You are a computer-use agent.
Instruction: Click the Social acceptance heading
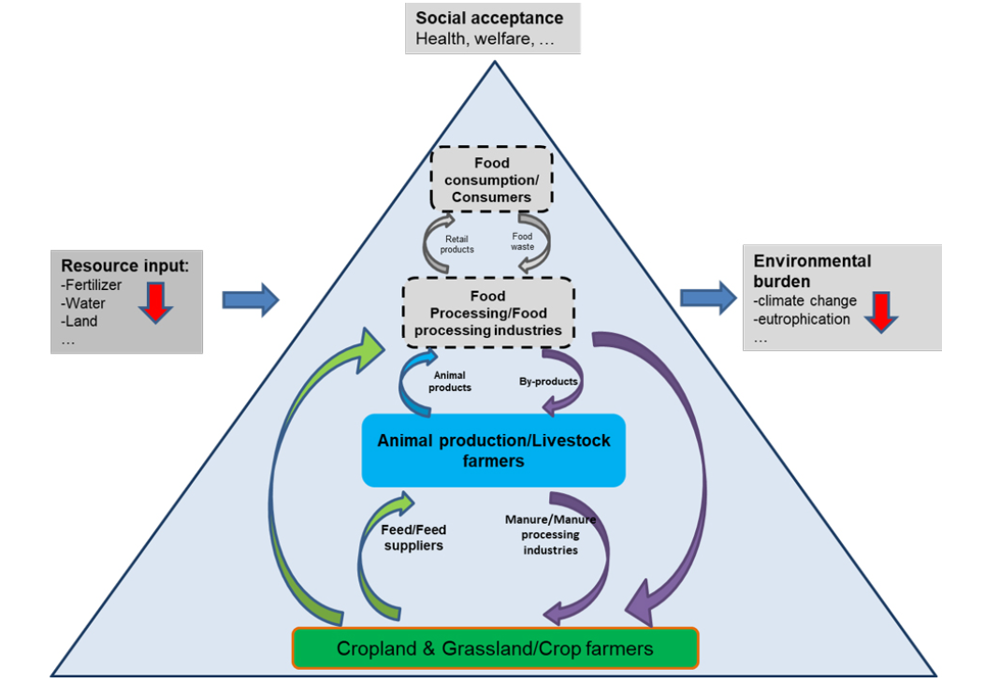[x=489, y=18]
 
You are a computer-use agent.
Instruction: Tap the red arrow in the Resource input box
[x=155, y=299]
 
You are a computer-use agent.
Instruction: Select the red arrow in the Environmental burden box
[x=880, y=311]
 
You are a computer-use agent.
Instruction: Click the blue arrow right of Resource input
[x=251, y=299]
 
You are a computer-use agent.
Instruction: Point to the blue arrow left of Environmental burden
[x=708, y=298]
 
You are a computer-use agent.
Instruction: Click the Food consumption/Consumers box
[x=491, y=179]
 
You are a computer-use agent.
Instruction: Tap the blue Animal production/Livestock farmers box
[x=492, y=449]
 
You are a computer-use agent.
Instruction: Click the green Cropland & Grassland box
[x=495, y=647]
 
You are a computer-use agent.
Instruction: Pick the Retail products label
[x=456, y=243]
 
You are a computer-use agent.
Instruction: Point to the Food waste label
[x=523, y=241]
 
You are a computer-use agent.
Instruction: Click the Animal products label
[x=449, y=382]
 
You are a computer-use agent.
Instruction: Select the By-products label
[x=548, y=382]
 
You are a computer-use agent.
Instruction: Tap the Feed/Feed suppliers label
[x=413, y=538]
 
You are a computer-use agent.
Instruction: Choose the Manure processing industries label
[x=550, y=534]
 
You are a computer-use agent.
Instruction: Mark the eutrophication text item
[x=802, y=319]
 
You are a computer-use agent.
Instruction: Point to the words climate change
[x=804, y=301]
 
